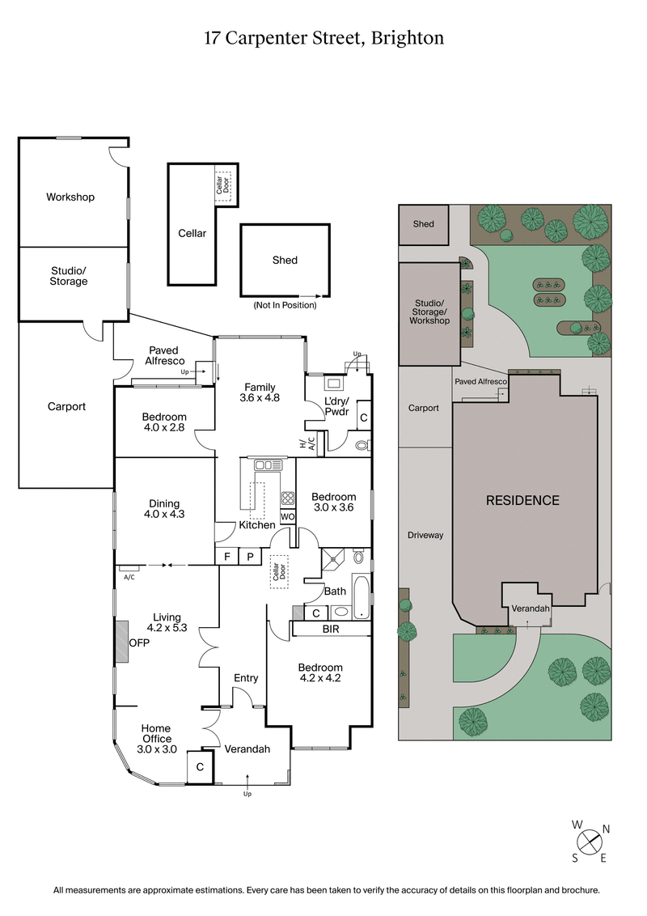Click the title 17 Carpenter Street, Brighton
click(323, 38)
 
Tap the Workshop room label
click(70, 197)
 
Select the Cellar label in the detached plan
click(192, 233)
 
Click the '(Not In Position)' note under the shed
click(285, 305)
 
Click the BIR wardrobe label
click(331, 629)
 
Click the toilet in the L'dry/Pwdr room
click(362, 444)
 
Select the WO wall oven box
click(287, 516)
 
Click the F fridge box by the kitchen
click(227, 557)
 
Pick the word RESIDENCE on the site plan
click(522, 500)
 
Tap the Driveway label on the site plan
click(425, 535)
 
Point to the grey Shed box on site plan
click(424, 225)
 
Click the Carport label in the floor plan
click(66, 406)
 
